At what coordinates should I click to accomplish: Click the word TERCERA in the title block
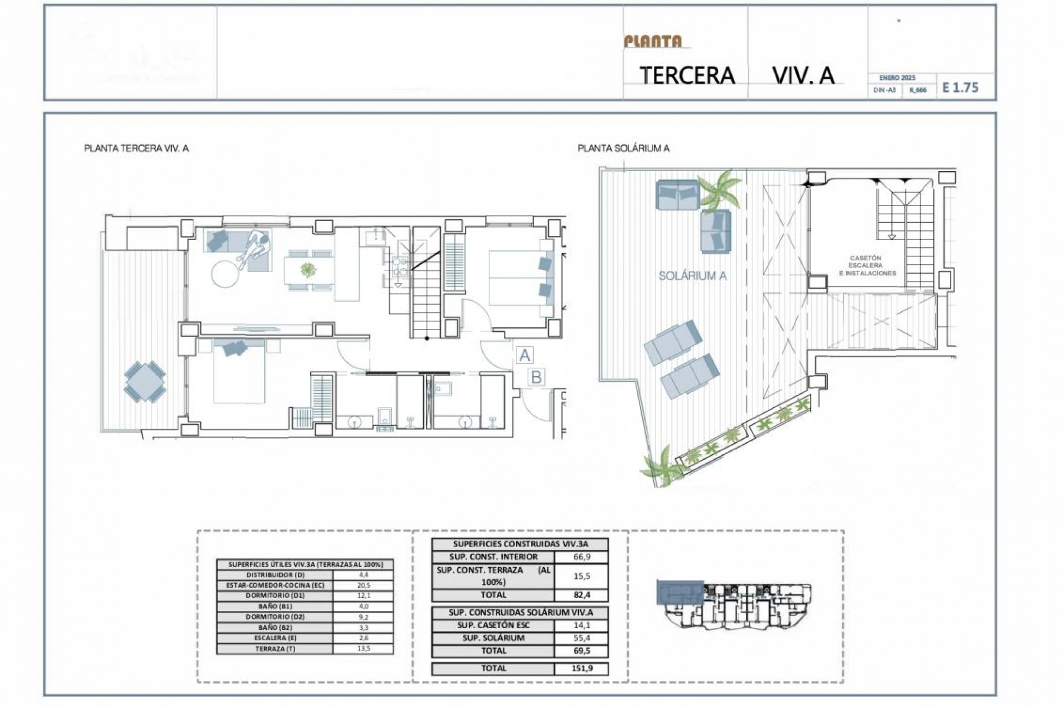click(x=687, y=75)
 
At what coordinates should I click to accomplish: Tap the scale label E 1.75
click(x=961, y=88)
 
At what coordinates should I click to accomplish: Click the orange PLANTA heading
click(x=653, y=42)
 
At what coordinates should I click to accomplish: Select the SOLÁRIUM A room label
click(x=692, y=276)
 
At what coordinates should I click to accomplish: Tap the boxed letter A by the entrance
click(x=525, y=355)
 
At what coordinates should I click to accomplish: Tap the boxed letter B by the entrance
click(x=536, y=377)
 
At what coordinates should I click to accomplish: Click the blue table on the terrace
click(x=145, y=381)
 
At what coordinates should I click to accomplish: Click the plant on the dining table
click(x=307, y=270)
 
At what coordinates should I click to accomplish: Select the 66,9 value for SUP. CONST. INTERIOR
click(x=581, y=557)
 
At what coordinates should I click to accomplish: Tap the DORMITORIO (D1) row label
click(x=275, y=596)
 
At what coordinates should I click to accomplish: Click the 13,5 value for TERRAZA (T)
click(x=363, y=649)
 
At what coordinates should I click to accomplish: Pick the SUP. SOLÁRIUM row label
click(x=493, y=638)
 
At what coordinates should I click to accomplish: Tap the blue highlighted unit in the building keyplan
click(x=680, y=593)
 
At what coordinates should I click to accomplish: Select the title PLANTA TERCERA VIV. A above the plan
click(x=136, y=148)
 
